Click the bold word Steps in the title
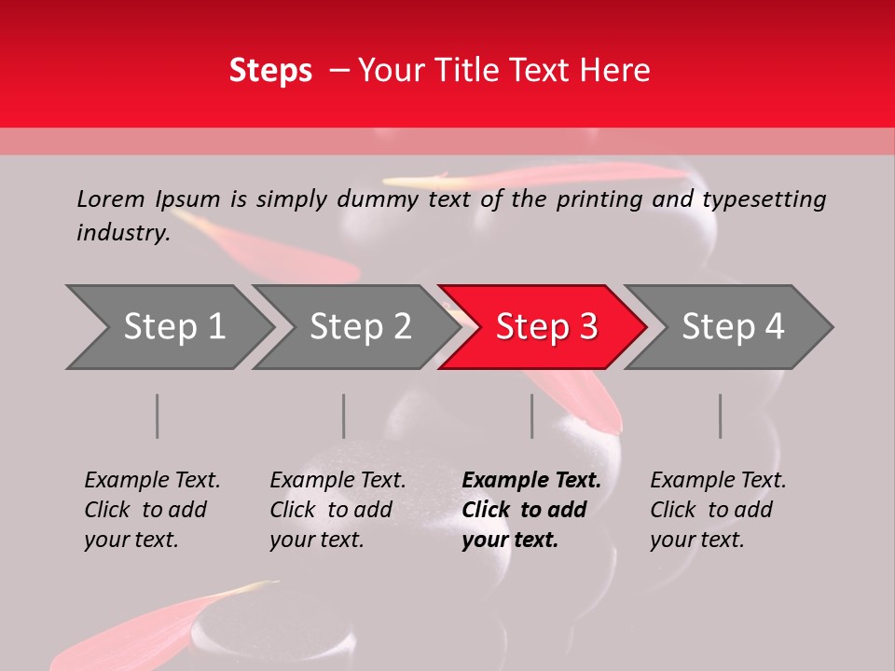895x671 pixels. coord(270,71)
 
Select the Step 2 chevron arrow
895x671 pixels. coord(360,327)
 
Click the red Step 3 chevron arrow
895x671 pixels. coord(545,327)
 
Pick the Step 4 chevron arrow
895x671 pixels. coord(733,327)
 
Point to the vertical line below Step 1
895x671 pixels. coord(158,416)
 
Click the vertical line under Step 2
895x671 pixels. coord(344,416)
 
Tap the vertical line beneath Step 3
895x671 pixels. coord(532,416)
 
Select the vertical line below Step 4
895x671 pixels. coord(721,416)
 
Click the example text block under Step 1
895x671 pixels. coord(152,510)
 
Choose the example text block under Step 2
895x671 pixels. coord(337,510)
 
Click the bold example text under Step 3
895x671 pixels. coord(531,510)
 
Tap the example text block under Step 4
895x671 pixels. coord(718,510)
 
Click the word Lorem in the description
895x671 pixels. coord(111,199)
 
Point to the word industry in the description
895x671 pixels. coord(123,233)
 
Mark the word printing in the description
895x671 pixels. coord(599,199)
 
